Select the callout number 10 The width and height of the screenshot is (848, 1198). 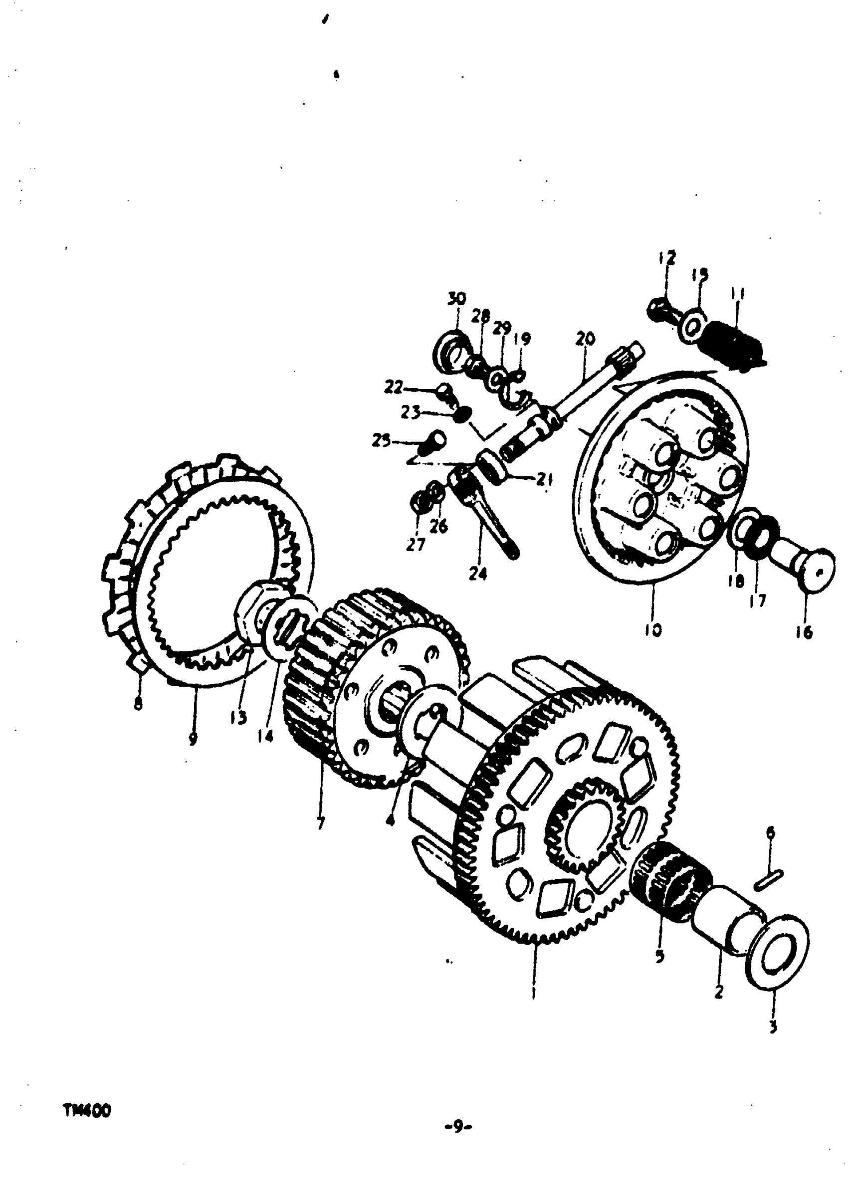(652, 630)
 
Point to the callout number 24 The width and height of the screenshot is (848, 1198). (477, 574)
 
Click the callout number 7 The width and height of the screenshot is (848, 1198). (320, 824)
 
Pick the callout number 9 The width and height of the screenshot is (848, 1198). (193, 738)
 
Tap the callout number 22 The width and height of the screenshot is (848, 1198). (394, 388)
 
